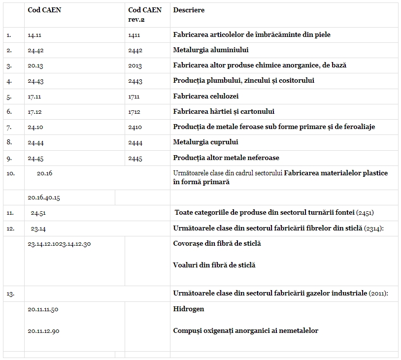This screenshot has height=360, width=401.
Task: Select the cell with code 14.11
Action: (35, 35)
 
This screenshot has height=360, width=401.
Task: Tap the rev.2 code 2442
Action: (135, 50)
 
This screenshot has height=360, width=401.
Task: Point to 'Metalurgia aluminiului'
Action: (211, 50)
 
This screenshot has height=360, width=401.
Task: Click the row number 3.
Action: (9, 66)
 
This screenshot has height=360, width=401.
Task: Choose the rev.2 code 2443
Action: (135, 81)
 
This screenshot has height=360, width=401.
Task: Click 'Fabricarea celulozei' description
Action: (206, 96)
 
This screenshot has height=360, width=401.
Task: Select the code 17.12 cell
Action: (35, 112)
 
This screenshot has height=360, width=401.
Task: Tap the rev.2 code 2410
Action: (134, 127)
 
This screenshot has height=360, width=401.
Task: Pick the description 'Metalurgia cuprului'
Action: (205, 142)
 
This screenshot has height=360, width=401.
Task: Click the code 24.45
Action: (35, 158)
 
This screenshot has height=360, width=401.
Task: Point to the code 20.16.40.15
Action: (44, 197)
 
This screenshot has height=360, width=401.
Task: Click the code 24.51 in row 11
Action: (38, 213)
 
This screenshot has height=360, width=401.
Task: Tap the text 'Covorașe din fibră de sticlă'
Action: (217, 243)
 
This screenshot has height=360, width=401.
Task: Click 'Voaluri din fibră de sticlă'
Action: (214, 265)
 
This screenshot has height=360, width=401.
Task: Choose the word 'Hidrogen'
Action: (189, 309)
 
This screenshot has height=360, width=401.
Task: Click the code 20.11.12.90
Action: (43, 331)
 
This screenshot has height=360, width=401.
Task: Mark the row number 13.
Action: (10, 294)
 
